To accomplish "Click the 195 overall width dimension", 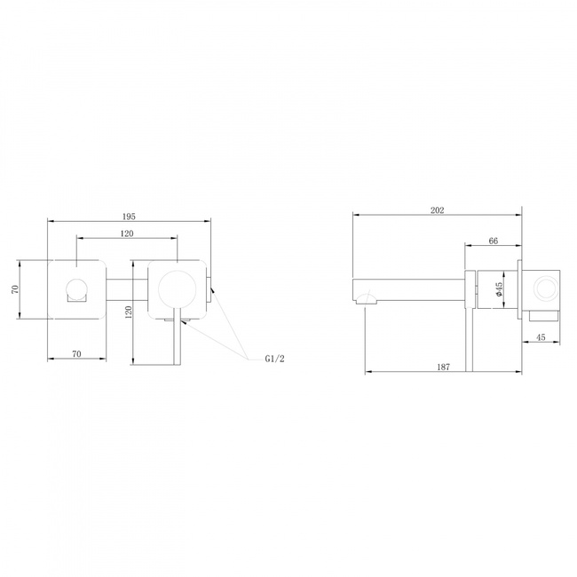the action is (129, 217).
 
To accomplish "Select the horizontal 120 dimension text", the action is (127, 233).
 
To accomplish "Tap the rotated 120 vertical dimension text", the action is (129, 312).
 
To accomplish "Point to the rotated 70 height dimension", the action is (15, 289).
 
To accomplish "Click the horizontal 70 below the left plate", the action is (76, 354).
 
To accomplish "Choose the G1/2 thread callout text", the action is (274, 359).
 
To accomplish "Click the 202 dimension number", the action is (437, 210).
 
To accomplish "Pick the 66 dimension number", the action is (493, 241).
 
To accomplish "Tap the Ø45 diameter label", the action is (499, 289).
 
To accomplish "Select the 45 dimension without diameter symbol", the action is (541, 337).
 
